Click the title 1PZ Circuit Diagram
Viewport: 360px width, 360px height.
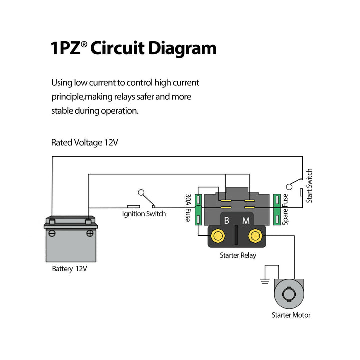pos(133,49)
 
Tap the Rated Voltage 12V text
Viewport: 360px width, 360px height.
pos(85,142)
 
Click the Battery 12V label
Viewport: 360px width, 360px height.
pos(70,269)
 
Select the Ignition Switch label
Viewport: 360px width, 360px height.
pos(144,214)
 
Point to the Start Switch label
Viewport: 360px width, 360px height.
pos(309,185)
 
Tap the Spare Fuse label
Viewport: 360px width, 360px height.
pos(285,209)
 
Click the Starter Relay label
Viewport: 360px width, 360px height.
pos(238,255)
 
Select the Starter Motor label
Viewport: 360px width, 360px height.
pos(291,315)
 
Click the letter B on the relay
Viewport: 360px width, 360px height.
pos(226,220)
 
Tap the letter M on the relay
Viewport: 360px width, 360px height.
pos(246,220)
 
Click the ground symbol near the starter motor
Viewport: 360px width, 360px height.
pos(265,281)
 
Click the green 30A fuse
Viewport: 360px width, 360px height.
pos(198,210)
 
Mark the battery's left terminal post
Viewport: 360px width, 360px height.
pos(53,220)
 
